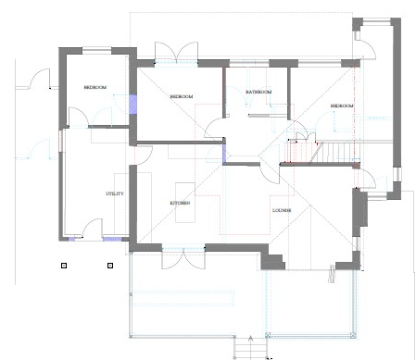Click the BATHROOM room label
click(x=258, y=92)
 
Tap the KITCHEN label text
click(x=180, y=203)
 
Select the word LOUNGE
click(x=283, y=211)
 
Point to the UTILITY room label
click(x=115, y=193)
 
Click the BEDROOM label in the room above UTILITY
click(x=95, y=87)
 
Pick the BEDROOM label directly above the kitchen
click(x=182, y=96)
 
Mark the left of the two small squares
click(x=63, y=267)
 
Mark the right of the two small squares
click(x=109, y=267)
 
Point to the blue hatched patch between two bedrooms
click(x=132, y=104)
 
